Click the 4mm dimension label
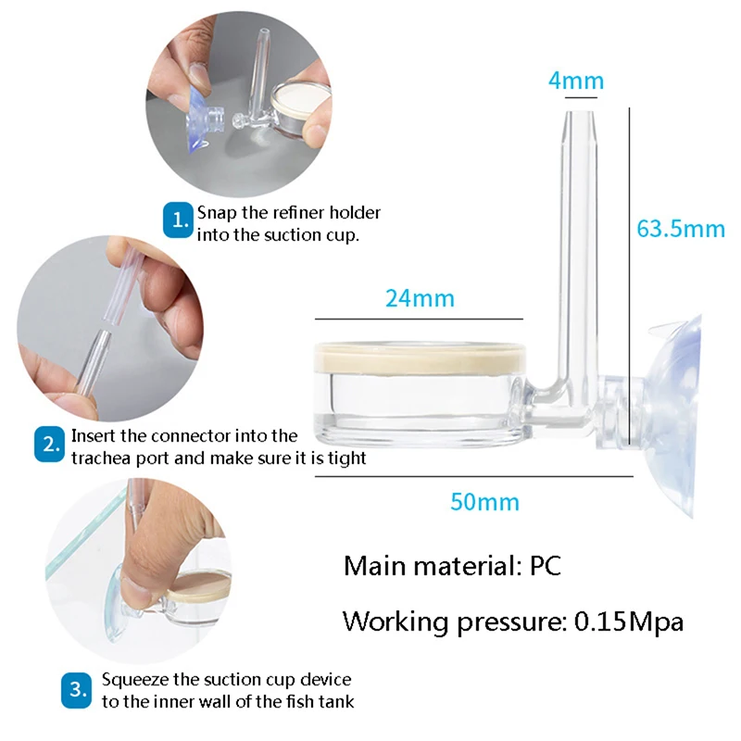click(x=575, y=82)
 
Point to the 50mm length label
click(x=484, y=503)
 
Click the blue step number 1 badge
click(x=178, y=220)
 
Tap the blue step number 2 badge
click(x=49, y=446)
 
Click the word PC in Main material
click(x=546, y=566)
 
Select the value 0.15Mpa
click(x=629, y=622)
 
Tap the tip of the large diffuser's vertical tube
click(x=576, y=113)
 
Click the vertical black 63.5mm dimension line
click(x=630, y=278)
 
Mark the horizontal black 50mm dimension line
click(x=472, y=476)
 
